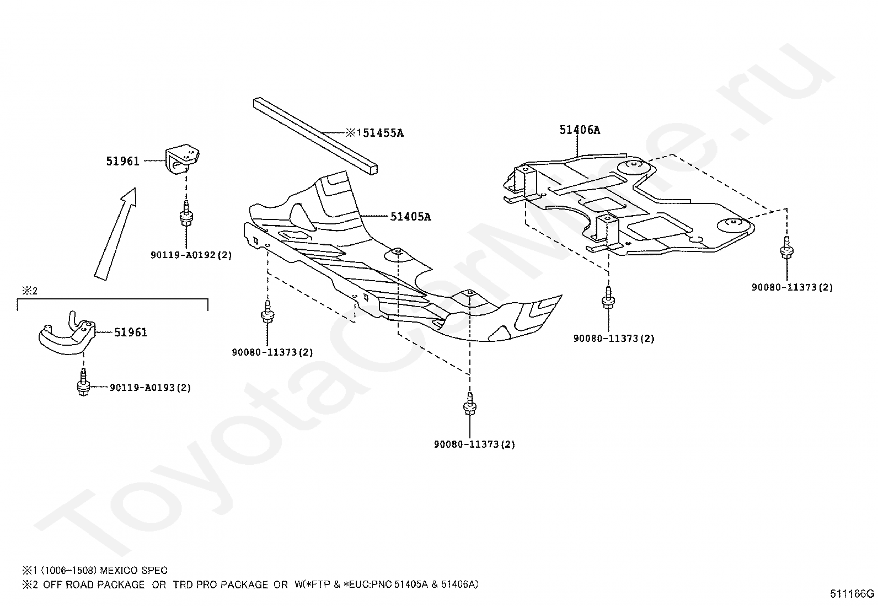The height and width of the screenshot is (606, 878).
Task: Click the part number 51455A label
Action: point(381,133)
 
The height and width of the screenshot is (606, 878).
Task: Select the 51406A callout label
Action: point(580,130)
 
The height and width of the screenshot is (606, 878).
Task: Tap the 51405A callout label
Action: point(410,217)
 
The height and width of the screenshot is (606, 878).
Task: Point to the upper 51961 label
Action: point(123,162)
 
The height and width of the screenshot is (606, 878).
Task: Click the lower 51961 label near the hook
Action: point(131,333)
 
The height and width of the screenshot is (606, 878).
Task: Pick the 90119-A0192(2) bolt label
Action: point(191,255)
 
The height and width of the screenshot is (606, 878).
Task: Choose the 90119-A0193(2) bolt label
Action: point(150,388)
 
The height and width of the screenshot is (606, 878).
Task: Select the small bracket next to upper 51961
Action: point(181,159)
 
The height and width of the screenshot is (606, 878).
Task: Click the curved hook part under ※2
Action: point(66,334)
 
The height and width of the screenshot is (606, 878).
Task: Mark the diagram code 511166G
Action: point(853,594)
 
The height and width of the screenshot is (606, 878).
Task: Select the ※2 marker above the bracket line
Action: point(29,291)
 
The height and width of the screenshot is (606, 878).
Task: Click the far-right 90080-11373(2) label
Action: point(792,287)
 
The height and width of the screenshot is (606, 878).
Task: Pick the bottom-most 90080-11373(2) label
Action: point(474,444)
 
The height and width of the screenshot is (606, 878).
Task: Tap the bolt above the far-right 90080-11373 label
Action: point(786,248)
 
